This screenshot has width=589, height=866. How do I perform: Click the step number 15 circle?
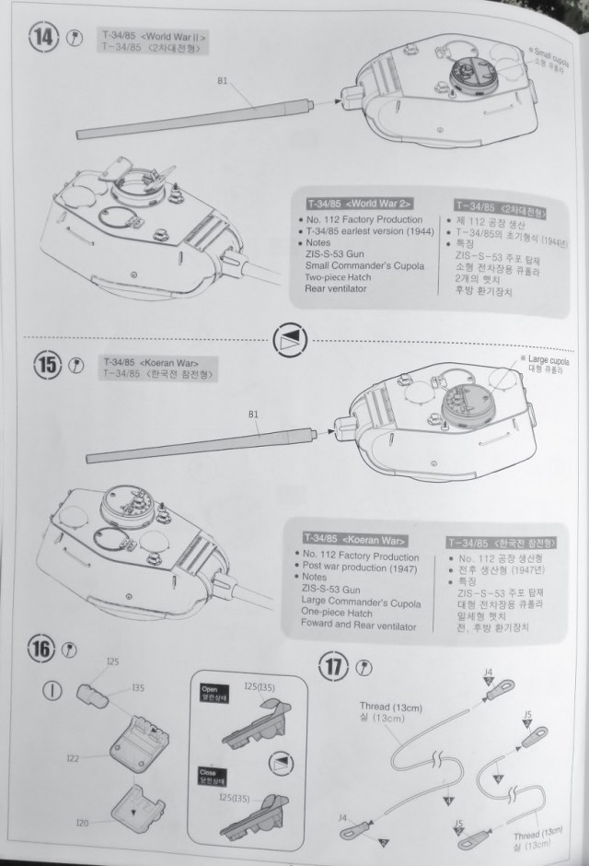48,366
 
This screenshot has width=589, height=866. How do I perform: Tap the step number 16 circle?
42,648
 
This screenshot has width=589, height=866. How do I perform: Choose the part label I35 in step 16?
138,687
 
